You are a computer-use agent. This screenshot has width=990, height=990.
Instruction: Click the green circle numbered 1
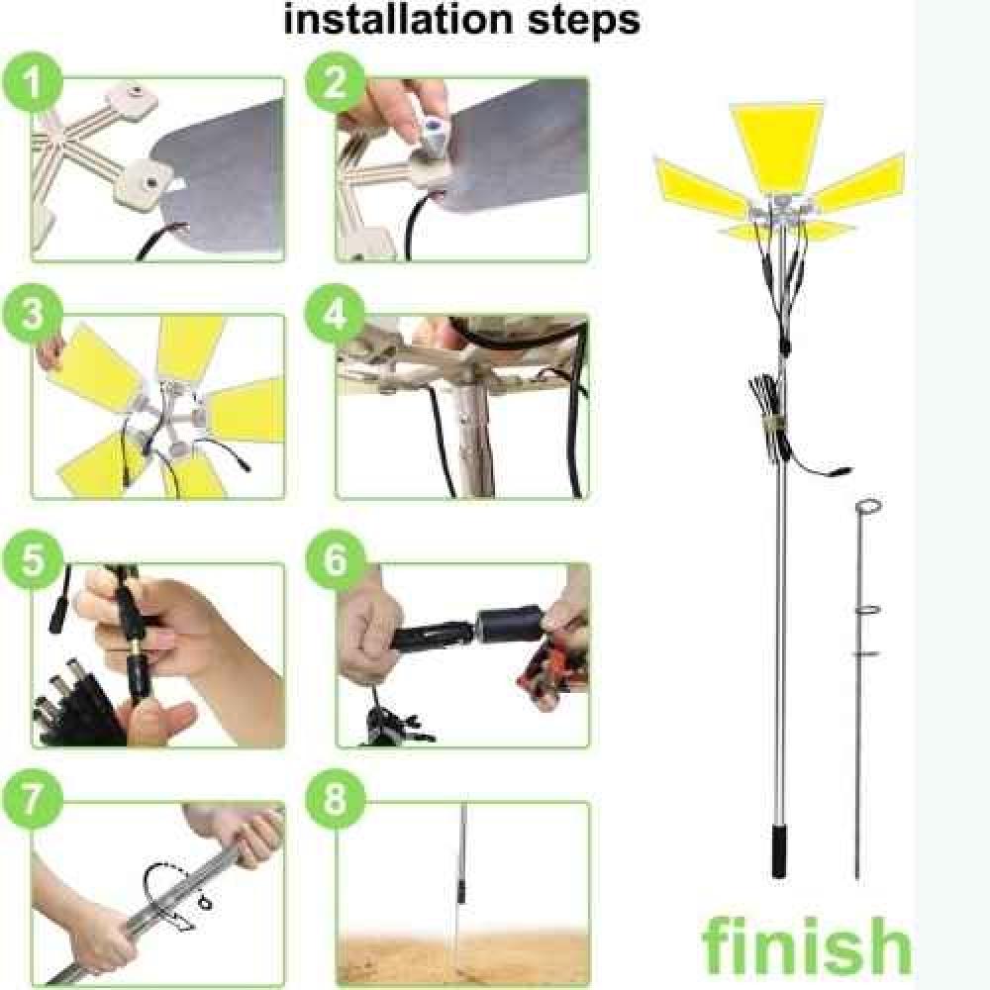pyautogui.click(x=33, y=83)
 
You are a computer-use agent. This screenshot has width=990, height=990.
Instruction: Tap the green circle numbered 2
pyautogui.click(x=336, y=83)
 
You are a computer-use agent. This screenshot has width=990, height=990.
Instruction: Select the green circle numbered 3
pyautogui.click(x=33, y=314)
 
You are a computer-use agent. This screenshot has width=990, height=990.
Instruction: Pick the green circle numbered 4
pyautogui.click(x=336, y=314)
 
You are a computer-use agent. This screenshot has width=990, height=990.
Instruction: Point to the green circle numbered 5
pyautogui.click(x=33, y=560)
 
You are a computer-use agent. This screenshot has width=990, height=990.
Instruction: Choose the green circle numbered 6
pyautogui.click(x=336, y=560)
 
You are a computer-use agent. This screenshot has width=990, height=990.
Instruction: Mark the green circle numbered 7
pyautogui.click(x=33, y=799)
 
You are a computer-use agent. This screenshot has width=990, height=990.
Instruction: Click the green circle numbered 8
pyautogui.click(x=336, y=799)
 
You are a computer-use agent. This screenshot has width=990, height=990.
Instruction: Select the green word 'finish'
pyautogui.click(x=807, y=945)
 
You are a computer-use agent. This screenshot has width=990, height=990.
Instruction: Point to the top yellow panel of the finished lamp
pyautogui.click(x=778, y=147)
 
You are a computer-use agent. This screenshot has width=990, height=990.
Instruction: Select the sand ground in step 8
pyautogui.click(x=462, y=957)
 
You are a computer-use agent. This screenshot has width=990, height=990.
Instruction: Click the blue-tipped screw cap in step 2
pyautogui.click(x=434, y=132)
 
